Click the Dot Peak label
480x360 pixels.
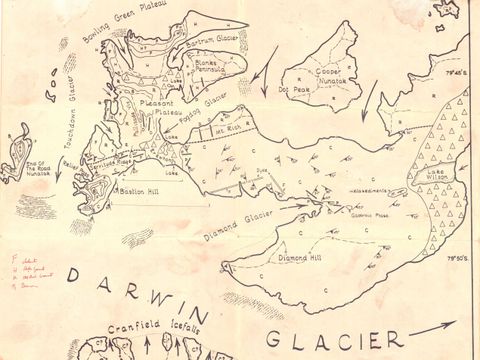[299, 91]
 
